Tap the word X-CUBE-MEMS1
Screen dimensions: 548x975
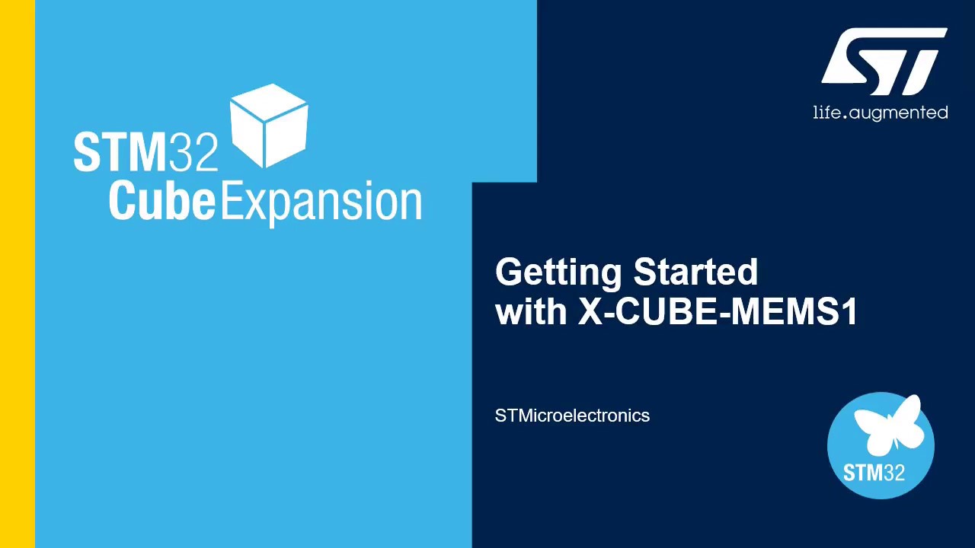tap(718, 311)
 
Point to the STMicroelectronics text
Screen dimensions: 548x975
tap(572, 416)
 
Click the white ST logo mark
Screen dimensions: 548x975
tap(884, 62)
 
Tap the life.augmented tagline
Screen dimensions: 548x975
tap(881, 113)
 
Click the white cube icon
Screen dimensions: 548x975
tap(269, 126)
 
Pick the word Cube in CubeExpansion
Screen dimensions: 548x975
tap(161, 201)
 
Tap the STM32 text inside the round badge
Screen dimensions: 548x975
tap(874, 473)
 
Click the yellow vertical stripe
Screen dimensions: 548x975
tap(17, 274)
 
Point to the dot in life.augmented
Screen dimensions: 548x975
tap(842, 118)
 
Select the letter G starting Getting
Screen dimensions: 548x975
tap(510, 272)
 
